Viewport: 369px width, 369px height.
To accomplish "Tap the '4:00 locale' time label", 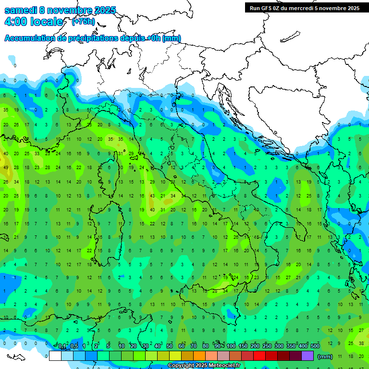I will pos(33,22).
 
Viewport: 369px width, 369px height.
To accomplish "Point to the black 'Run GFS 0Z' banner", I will pos(304,8).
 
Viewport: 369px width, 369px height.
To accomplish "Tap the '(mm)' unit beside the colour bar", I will pos(325,357).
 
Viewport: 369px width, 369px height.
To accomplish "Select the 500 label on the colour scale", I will pos(315,346).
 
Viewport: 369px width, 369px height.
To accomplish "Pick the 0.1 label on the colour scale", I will pos(62,346).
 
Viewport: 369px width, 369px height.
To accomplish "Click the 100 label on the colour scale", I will pos(231,346).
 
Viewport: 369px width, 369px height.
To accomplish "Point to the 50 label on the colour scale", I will pos(170,346).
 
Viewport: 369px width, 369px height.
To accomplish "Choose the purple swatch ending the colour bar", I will pos(307,356).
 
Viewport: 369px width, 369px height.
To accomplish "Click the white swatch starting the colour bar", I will pos(55,356).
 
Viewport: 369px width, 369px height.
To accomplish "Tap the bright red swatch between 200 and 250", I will pos(259,356).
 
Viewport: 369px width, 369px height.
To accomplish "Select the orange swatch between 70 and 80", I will pos(199,356).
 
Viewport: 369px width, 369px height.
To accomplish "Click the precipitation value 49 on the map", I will pos(6,168).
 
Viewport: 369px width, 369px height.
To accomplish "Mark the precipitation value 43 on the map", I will pos(152,196).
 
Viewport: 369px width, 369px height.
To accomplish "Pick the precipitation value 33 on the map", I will pos(37,154).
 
